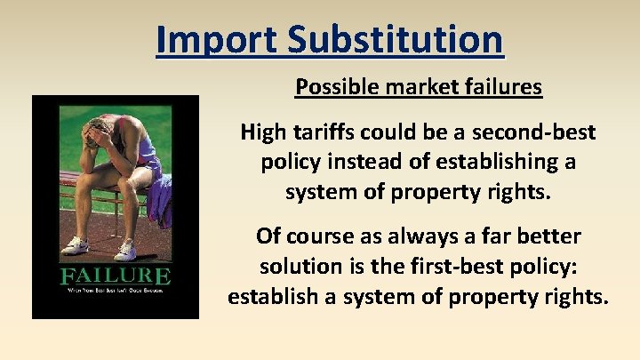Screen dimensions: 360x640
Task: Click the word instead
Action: tap(354, 163)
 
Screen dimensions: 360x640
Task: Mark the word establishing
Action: tap(491, 163)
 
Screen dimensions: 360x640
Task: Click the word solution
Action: tap(303, 267)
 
